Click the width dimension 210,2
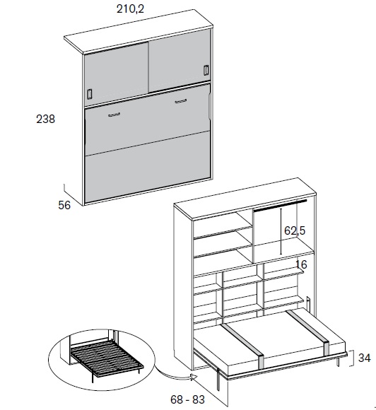point(130,9)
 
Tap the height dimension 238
point(45,119)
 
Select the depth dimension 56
point(64,205)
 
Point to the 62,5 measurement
point(295,230)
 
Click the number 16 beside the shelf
point(301,264)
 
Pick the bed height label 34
point(364,358)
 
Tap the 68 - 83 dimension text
point(187,399)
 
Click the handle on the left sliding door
point(90,94)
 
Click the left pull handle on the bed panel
point(114,115)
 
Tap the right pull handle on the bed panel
point(181,101)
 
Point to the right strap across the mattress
point(309,329)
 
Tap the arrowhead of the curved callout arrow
point(194,377)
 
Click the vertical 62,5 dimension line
point(281,231)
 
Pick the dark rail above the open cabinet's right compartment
point(280,206)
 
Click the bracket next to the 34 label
point(352,358)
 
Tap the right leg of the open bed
point(339,362)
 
